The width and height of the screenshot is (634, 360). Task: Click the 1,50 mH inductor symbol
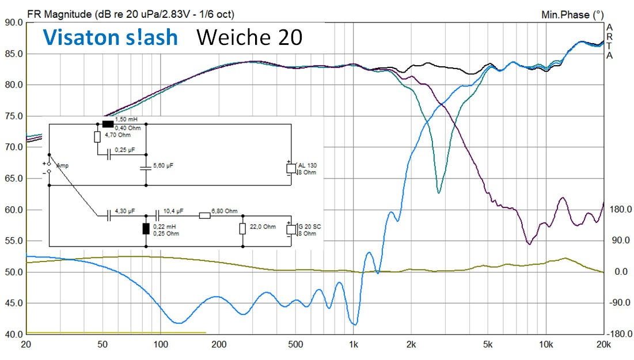click(x=108, y=123)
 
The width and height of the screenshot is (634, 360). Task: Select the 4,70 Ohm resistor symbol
click(x=97, y=137)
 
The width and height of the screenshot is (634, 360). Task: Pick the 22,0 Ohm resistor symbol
click(x=242, y=229)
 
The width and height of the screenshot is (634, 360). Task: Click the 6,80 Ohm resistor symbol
click(x=204, y=216)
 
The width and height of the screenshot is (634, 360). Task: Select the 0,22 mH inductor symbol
click(x=146, y=229)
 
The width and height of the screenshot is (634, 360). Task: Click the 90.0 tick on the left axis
click(x=13, y=22)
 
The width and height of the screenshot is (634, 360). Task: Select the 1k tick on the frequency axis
click(x=354, y=345)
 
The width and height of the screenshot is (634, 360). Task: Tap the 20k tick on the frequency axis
click(x=602, y=345)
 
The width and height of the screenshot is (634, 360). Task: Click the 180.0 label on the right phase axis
click(x=620, y=210)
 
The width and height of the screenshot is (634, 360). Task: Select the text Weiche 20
click(x=249, y=37)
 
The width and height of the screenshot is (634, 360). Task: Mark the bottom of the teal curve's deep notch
click(x=439, y=192)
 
